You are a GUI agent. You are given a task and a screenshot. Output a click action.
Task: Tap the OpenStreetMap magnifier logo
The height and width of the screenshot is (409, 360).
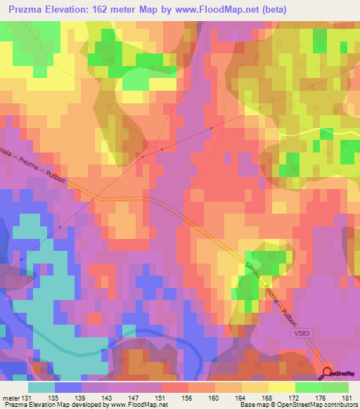pos(328,373)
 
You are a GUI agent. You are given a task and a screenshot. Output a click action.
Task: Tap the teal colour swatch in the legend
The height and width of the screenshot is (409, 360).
pos(41,387)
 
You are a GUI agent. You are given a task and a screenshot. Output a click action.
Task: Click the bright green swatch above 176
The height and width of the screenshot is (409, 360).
pos(309,387)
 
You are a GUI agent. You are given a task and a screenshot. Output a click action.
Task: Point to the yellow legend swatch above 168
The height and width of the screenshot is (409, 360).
pos(282,387)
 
